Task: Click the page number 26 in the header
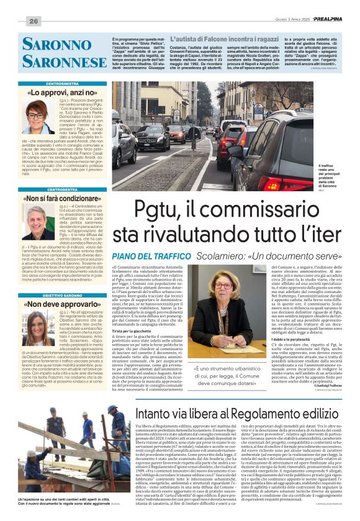(x=34, y=20)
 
